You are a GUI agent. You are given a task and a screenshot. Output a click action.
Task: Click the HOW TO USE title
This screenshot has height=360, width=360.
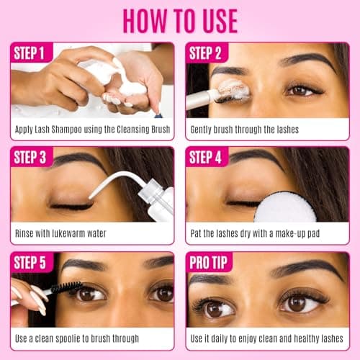pyautogui.click(x=180, y=21)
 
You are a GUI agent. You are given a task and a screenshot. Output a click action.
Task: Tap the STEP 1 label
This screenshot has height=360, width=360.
pyautogui.click(x=29, y=53)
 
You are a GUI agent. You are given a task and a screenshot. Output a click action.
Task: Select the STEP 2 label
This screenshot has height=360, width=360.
pyautogui.click(x=205, y=53)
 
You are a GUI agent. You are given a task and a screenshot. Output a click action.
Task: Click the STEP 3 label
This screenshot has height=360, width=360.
pyautogui.click(x=30, y=158)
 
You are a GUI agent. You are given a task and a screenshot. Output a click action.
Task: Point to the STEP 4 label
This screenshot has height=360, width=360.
pyautogui.click(x=205, y=158)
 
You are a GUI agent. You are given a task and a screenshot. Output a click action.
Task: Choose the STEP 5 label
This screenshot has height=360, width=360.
pyautogui.click(x=30, y=262)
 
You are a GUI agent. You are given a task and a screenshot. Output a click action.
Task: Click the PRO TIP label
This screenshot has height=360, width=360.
pyautogui.click(x=208, y=262)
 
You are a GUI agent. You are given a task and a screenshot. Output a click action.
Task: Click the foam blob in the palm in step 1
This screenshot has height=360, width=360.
pyautogui.click(x=132, y=89)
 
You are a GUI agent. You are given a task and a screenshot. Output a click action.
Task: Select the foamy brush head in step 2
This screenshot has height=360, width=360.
pyautogui.click(x=234, y=90)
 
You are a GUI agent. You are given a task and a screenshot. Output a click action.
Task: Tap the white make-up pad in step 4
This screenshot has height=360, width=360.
pyautogui.click(x=285, y=207)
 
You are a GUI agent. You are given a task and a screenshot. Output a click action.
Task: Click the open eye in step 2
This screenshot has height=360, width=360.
pyautogui.click(x=303, y=90)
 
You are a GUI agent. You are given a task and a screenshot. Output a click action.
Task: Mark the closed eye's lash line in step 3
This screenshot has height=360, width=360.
pyautogui.click(x=72, y=206)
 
